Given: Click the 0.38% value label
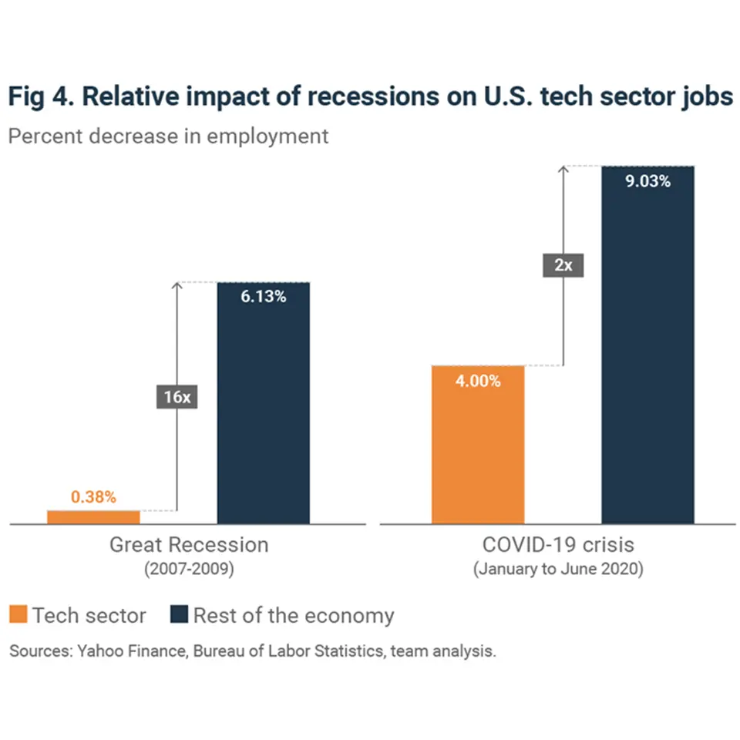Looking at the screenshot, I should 93,497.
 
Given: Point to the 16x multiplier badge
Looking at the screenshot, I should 177,398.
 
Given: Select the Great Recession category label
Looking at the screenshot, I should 189,545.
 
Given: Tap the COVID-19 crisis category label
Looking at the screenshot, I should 558,545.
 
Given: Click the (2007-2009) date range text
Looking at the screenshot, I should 189,570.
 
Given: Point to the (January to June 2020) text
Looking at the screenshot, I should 558,570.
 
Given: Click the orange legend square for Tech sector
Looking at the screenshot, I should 18,615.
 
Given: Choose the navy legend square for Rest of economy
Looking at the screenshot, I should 179,615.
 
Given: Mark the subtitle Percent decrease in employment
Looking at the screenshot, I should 168,136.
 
